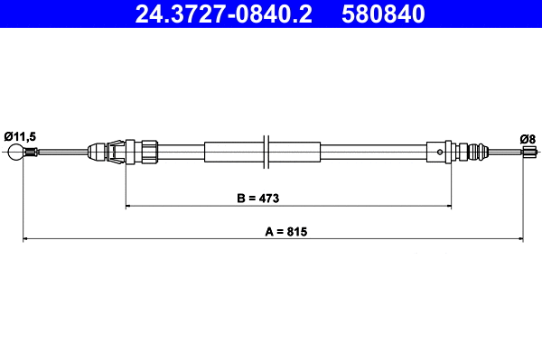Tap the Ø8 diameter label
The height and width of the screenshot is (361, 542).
[527, 138]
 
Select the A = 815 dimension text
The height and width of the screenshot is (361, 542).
[287, 230]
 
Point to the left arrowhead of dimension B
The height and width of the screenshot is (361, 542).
[128, 207]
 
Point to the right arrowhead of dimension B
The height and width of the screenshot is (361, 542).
[448, 207]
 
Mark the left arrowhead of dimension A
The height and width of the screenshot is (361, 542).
[25, 239]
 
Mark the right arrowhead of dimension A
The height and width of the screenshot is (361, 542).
[520, 239]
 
